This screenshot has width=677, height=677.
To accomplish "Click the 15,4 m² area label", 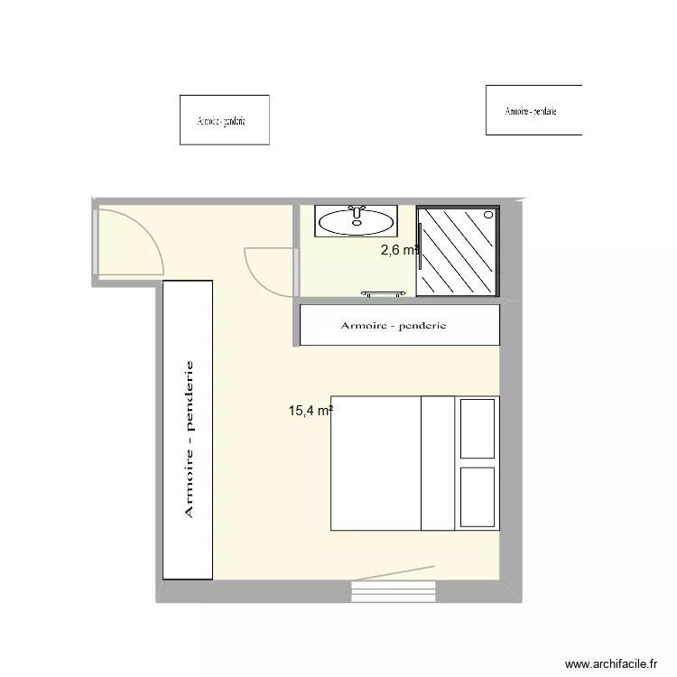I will pos(311,412).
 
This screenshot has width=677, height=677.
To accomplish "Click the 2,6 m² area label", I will pos(400,251).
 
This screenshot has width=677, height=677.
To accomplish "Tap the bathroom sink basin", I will pos(356,221).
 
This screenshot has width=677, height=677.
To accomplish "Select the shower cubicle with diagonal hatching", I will pos(458,251).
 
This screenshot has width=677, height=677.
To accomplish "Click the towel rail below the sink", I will pos(384,293).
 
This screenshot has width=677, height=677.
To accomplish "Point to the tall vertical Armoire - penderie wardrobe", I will pos(188,430).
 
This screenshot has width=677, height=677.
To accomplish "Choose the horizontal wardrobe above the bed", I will pos(400,325).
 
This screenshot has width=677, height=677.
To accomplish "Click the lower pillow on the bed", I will pos(478,496).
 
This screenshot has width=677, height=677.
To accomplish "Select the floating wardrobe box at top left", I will pos(225,120).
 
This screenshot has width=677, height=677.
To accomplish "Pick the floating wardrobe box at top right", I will pos(533,110).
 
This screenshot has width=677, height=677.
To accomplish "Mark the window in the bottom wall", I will pos(394,592).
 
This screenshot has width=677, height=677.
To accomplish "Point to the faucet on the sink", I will pos(356,210).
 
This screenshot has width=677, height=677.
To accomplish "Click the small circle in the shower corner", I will pos(489,215).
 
